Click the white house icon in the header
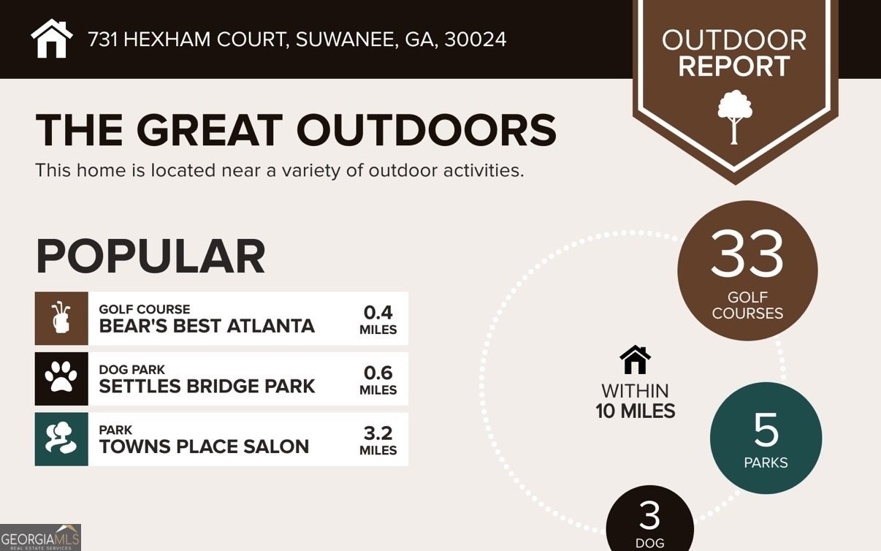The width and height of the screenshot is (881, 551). click(52, 39)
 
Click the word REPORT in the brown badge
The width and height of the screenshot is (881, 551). click(734, 66)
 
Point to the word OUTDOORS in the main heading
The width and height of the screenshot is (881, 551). click(426, 130)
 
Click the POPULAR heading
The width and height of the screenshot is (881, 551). click(150, 256)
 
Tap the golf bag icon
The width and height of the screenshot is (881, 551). click(61, 319)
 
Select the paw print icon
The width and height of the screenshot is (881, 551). click(61, 379)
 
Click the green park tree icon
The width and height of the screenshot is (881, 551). click(61, 439)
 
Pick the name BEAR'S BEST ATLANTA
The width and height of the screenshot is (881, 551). click(207, 326)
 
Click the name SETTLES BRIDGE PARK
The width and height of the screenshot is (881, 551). click(207, 386)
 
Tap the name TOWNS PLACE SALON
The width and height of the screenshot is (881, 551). click(204, 446)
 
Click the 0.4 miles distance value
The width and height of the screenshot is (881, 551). click(378, 319)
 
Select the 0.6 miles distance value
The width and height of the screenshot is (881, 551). click(378, 379)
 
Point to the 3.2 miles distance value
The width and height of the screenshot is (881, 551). click(378, 440)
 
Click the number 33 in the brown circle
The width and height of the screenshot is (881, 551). click(747, 254)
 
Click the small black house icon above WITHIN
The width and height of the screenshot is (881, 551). click(635, 360)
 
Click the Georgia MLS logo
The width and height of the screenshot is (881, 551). click(40, 537)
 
